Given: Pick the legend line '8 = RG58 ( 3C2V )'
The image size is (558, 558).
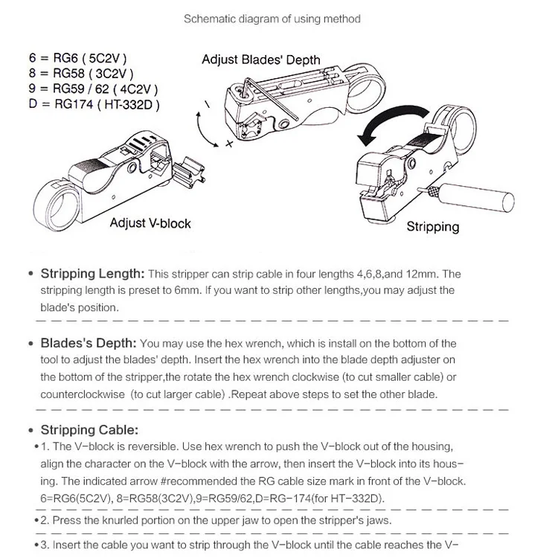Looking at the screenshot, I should [80, 73].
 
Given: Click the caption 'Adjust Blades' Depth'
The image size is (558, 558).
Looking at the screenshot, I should [260, 60].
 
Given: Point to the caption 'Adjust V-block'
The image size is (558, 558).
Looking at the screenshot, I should [150, 222].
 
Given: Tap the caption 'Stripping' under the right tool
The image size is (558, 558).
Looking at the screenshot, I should [433, 226].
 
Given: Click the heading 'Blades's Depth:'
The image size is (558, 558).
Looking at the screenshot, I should [88, 343].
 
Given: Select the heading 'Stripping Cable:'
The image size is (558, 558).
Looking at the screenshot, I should [89, 429].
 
